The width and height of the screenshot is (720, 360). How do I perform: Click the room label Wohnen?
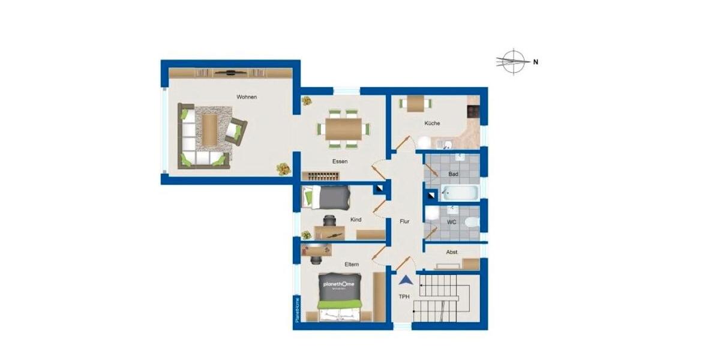point(247,97)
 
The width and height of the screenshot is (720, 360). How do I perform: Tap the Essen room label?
point(340,161)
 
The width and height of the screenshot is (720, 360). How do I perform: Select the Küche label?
point(432,124)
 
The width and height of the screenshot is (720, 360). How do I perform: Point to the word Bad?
point(454,174)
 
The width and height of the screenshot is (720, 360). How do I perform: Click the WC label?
point(452,222)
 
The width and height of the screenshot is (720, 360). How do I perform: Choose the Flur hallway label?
point(404,221)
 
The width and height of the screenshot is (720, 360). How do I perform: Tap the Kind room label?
point(356,220)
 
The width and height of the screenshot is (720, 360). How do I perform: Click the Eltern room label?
point(352,264)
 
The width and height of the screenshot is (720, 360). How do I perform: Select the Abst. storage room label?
point(452,253)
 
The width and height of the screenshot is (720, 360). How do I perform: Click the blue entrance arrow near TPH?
point(406,280)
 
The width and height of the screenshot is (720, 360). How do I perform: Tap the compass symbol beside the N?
point(513,61)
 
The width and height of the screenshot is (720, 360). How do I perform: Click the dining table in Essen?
point(344,128)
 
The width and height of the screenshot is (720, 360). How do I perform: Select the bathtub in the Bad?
point(460,193)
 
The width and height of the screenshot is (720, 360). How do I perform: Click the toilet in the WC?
point(472,223)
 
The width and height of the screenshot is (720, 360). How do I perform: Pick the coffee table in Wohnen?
point(210,129)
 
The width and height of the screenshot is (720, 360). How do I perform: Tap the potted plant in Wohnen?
point(281,169)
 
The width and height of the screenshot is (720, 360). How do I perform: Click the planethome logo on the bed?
point(339,284)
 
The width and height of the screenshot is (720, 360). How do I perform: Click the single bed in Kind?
point(326,197)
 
